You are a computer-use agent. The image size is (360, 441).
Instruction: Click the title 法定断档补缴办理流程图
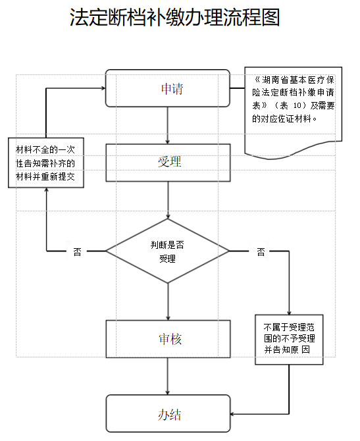(x=174, y=17)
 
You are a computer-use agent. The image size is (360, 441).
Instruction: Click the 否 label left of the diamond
(x=77, y=251)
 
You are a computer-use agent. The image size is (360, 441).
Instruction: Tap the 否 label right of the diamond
(x=261, y=251)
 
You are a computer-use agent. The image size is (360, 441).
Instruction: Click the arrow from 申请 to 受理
(x=168, y=126)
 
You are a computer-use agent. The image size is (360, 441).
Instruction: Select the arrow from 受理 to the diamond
(x=168, y=200)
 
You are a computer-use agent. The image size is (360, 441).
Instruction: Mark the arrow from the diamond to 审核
(x=168, y=301)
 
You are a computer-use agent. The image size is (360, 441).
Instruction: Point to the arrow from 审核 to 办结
(x=168, y=376)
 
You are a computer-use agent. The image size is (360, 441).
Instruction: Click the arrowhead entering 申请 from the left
(x=103, y=88)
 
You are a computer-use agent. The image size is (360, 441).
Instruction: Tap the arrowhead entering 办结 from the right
(x=232, y=414)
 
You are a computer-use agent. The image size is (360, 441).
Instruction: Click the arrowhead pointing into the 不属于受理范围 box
(x=289, y=313)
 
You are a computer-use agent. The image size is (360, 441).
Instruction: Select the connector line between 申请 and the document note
(x=238, y=88)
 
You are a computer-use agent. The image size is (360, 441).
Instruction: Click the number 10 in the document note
(x=297, y=106)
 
